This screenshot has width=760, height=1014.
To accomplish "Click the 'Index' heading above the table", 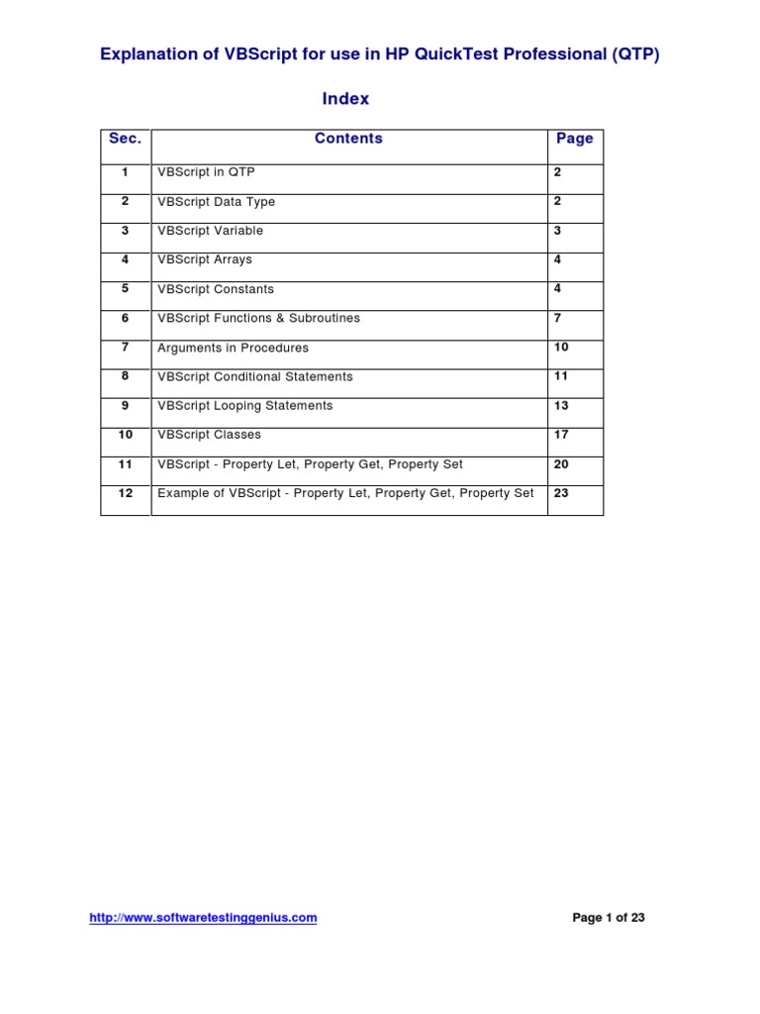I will tap(345, 99).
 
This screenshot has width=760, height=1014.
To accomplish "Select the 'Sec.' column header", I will tap(125, 139).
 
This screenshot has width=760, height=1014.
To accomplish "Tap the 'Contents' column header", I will tap(348, 139).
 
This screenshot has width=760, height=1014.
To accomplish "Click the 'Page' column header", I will tap(574, 139).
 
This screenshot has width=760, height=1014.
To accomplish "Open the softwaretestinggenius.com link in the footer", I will tap(203, 918).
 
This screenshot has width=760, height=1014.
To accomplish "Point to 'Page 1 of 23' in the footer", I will tap(609, 918).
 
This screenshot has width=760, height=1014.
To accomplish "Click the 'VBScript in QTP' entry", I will tap(206, 172).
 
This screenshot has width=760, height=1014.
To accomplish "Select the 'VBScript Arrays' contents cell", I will tap(205, 259).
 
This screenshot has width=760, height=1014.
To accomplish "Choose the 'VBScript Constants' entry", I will tap(216, 289).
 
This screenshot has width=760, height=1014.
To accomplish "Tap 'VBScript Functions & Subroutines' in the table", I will tap(258, 318).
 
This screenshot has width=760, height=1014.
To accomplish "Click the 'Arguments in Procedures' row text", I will tap(233, 348).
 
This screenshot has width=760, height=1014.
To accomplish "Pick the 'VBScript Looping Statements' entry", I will tap(244, 405).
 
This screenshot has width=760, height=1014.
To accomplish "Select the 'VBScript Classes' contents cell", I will tap(209, 435).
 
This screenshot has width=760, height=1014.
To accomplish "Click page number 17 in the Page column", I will tap(561, 435).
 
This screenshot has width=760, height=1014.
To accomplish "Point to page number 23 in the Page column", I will tap(561, 492).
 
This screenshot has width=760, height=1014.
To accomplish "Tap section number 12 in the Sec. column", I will tap(125, 492).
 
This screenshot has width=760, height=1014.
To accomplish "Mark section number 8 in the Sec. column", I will tap(125, 376).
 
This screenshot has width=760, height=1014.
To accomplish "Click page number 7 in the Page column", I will tap(558, 318).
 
